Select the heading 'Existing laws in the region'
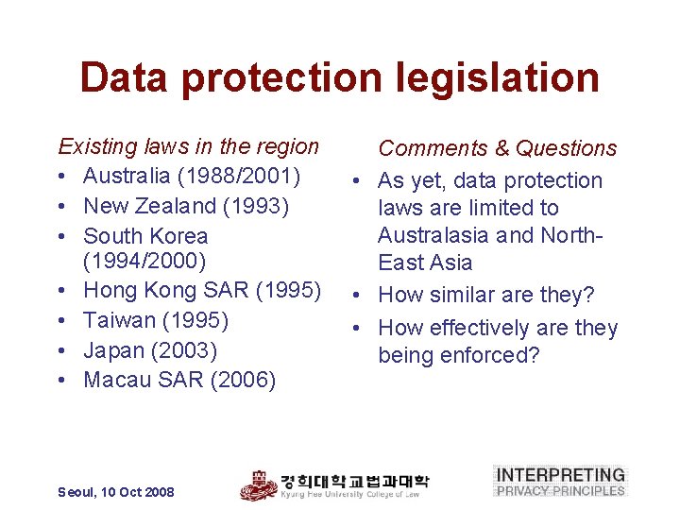pyautogui.click(x=189, y=146)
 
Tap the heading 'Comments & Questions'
pyautogui.click(x=497, y=148)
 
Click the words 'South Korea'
pyautogui.click(x=145, y=235)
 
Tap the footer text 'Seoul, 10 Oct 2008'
pyautogui.click(x=116, y=492)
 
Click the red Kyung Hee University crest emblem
pyautogui.click(x=258, y=484)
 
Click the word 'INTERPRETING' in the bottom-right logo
pyautogui.click(x=561, y=475)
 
